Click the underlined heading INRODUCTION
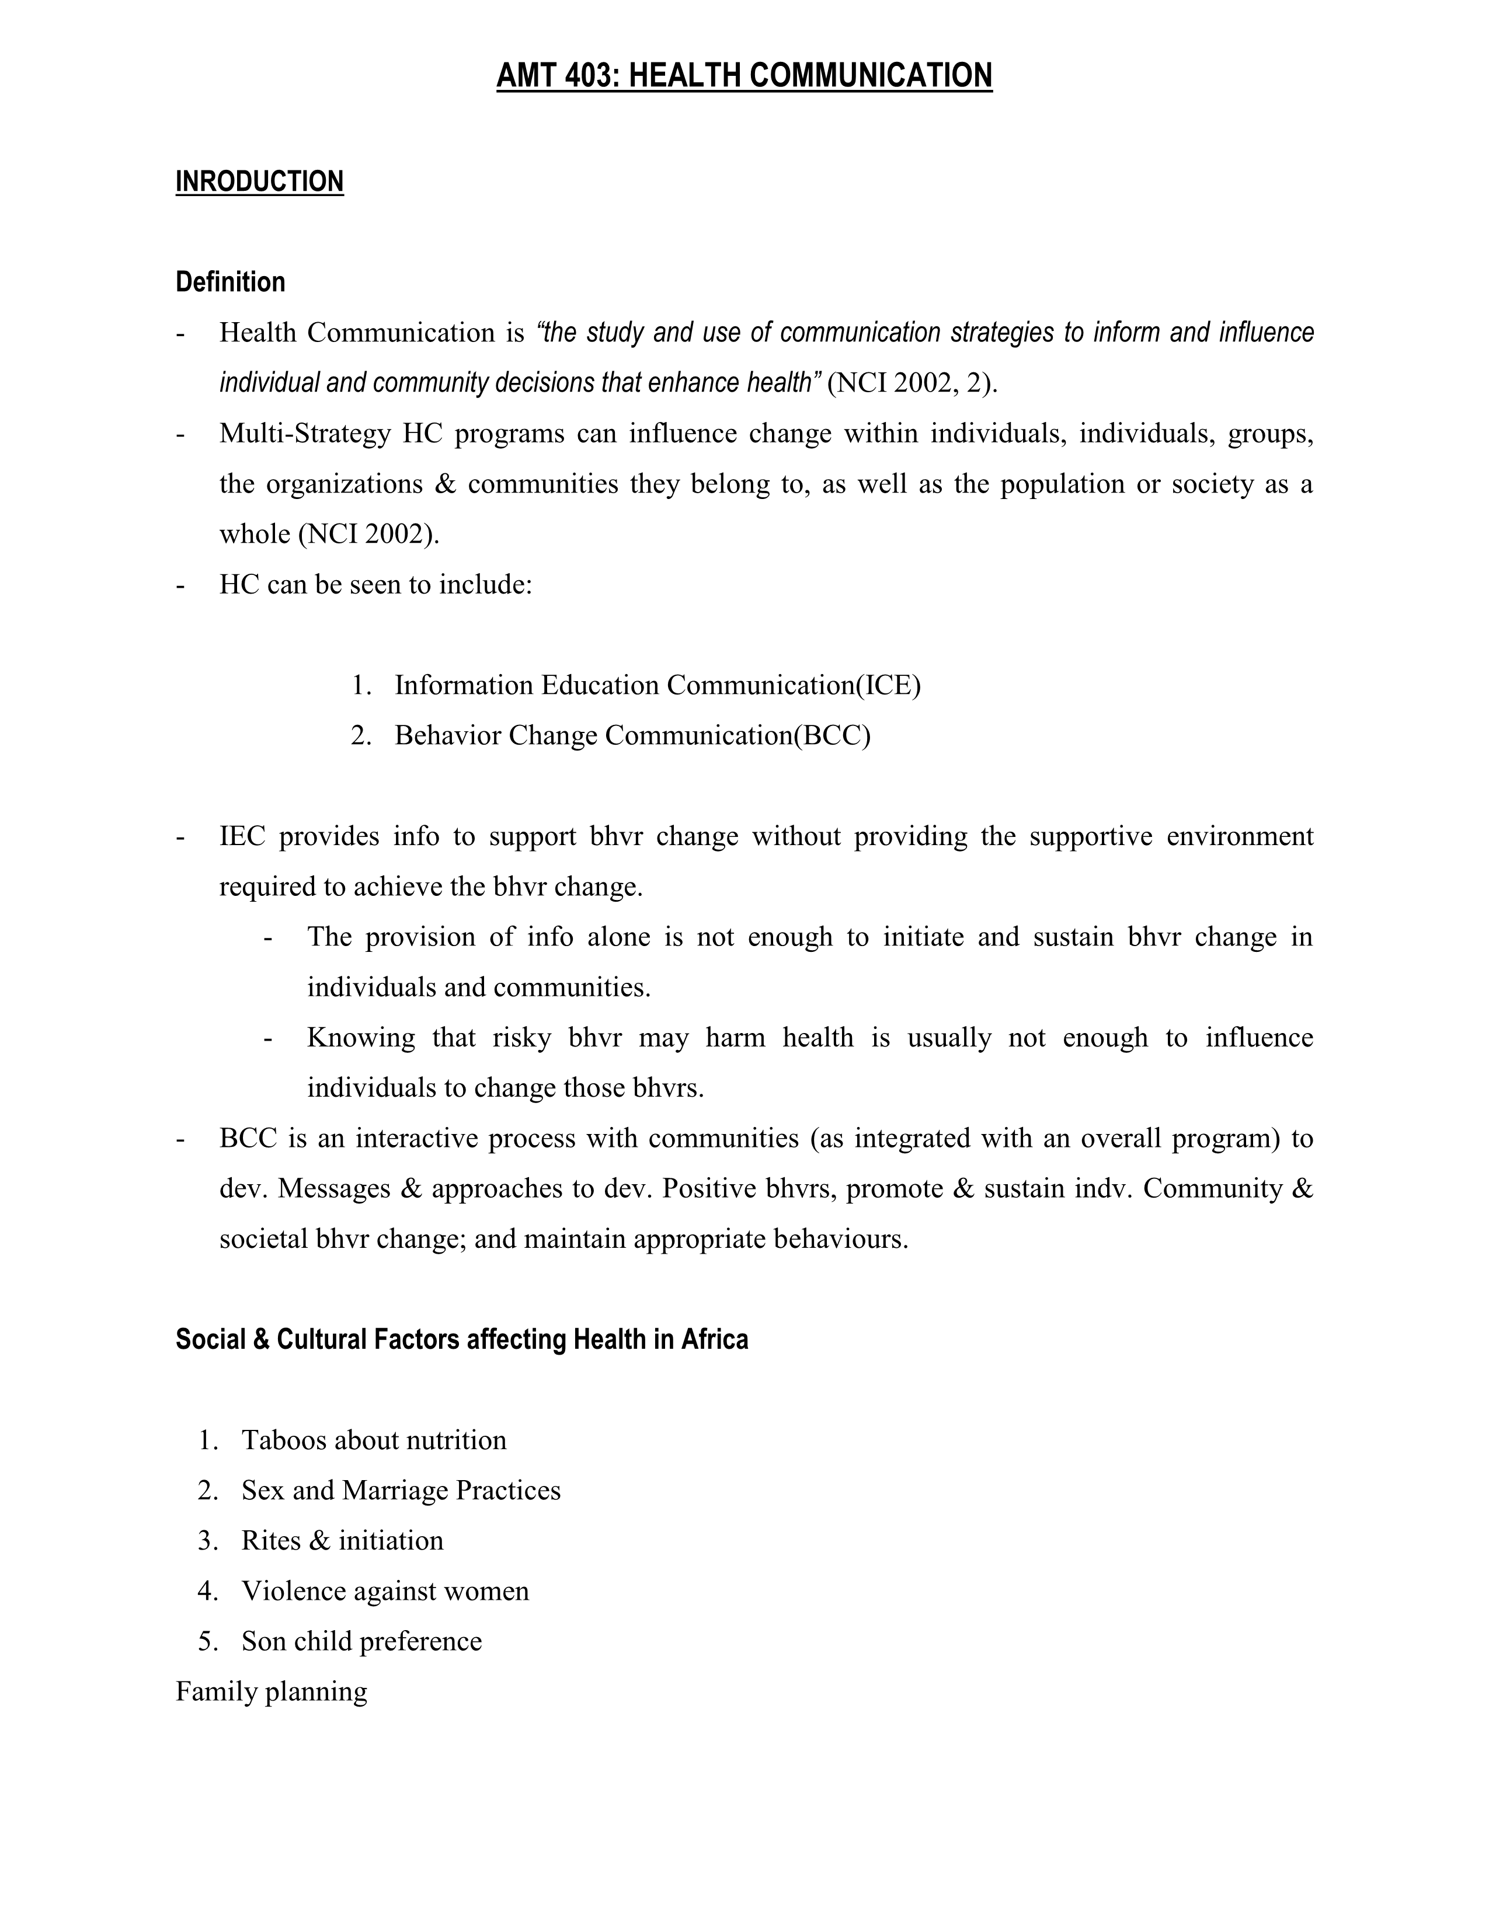click(x=259, y=182)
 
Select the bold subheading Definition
click(x=230, y=282)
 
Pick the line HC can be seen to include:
click(x=376, y=585)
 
